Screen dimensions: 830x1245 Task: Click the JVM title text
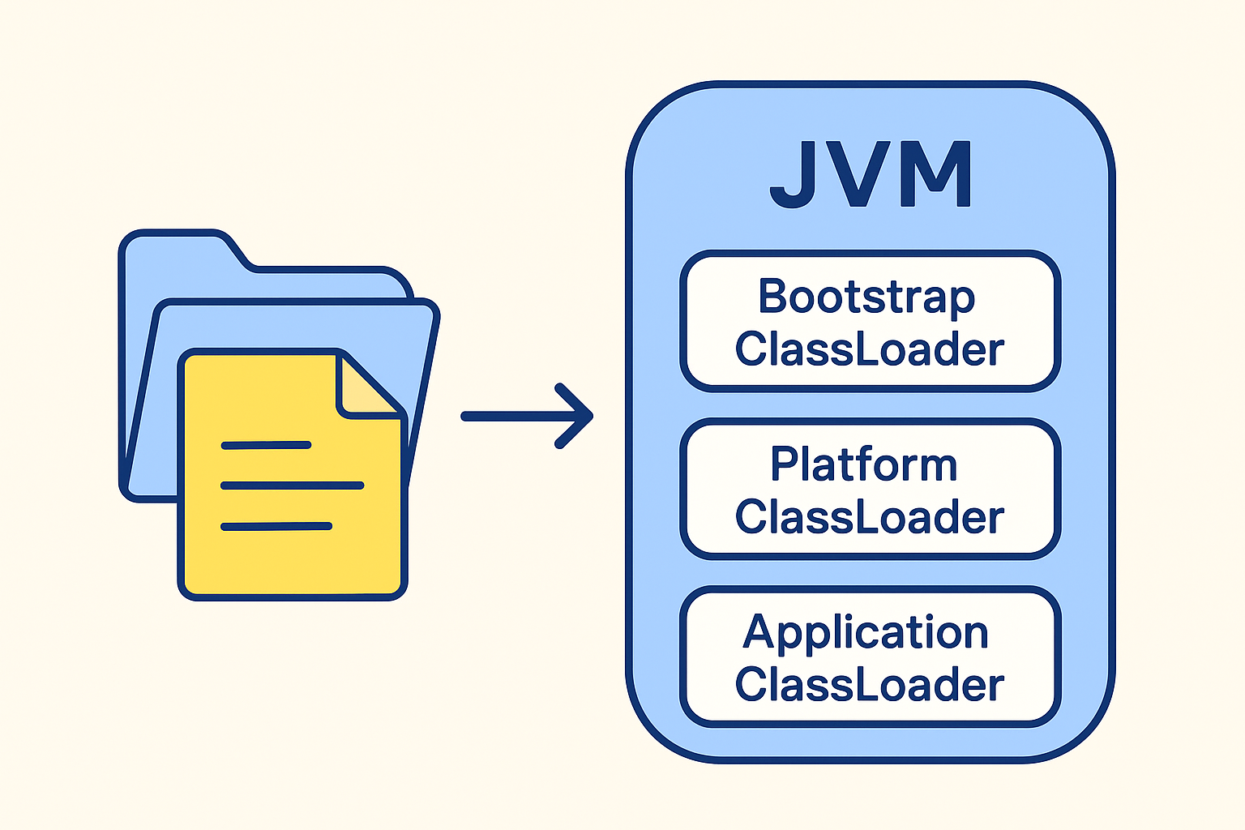[871, 174]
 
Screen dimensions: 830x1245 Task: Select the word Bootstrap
[866, 297]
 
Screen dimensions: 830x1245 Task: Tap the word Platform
[864, 465]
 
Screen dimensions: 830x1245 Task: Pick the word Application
[866, 633]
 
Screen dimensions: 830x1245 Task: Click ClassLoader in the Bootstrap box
[870, 349]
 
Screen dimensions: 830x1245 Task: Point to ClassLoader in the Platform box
[870, 517]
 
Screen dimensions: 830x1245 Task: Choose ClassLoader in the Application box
[870, 685]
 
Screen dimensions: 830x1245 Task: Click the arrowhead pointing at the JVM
[577, 416]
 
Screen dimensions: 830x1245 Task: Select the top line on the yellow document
[266, 445]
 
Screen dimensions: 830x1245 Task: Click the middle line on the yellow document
[292, 486]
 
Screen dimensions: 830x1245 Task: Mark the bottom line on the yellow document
[276, 527]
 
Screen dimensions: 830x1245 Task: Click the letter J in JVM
[793, 175]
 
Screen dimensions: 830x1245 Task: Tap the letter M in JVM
[941, 174]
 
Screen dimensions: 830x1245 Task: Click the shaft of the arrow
[511, 416]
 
